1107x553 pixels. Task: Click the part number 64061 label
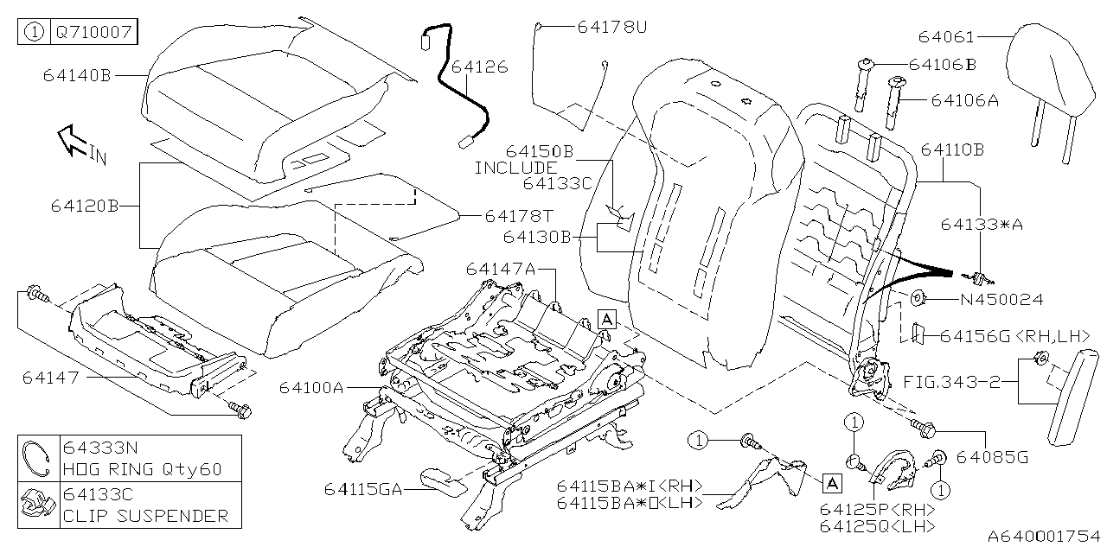[947, 37]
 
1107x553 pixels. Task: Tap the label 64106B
[943, 65]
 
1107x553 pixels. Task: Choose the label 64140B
[77, 75]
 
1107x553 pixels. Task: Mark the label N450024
[1001, 300]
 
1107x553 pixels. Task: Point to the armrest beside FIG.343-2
[1072, 397]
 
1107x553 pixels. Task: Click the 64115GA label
[364, 489]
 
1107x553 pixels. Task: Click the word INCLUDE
[515, 168]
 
